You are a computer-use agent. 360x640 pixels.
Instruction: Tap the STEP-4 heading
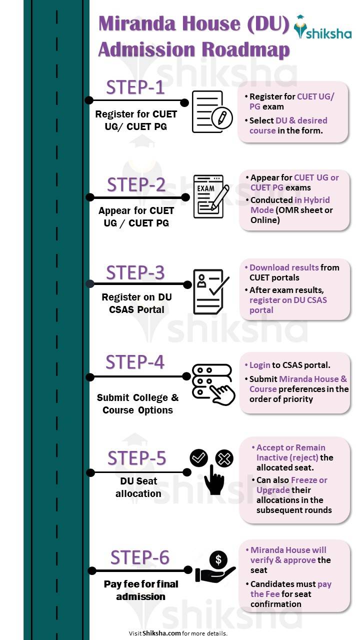(x=135, y=362)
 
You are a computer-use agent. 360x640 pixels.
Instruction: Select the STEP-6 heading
(x=139, y=557)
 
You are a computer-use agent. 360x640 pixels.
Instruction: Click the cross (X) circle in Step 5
(x=224, y=458)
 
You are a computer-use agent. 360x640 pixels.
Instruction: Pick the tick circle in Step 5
(x=199, y=457)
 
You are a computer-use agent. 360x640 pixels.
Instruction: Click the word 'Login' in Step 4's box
(x=260, y=365)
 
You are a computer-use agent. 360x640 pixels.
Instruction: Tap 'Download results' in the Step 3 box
(x=284, y=267)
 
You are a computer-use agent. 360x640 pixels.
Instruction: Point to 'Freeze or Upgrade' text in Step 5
(x=292, y=485)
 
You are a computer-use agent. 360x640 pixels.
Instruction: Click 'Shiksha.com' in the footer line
(x=161, y=633)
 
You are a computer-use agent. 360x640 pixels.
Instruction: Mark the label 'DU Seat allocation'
(x=138, y=487)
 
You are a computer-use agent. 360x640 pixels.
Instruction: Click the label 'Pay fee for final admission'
(x=141, y=590)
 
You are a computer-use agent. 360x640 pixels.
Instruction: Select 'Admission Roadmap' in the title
(x=194, y=49)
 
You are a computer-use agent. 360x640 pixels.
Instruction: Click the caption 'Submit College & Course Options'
(x=137, y=404)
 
